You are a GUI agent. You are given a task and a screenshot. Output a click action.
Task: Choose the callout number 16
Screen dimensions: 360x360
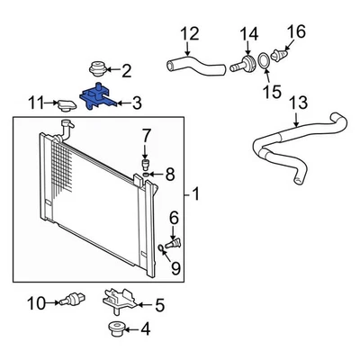(x=292, y=33)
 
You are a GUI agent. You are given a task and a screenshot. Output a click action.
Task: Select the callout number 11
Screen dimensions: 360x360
(x=35, y=103)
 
